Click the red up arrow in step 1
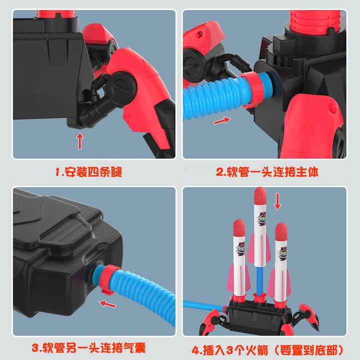pos(79,141)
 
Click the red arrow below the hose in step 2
pos(222,120)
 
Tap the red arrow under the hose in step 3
pos(107,304)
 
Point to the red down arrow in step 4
pos(277,201)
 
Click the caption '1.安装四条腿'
pos(88,171)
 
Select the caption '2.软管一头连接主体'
pos(267,171)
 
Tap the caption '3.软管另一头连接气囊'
pos(88,348)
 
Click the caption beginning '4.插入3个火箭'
pos(267,350)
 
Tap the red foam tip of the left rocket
pos(239,228)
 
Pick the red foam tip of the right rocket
pos(281,232)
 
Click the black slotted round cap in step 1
pos(121,89)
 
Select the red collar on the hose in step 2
pos(252,88)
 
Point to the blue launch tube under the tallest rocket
pos(259,280)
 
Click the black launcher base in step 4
pos(258,316)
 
